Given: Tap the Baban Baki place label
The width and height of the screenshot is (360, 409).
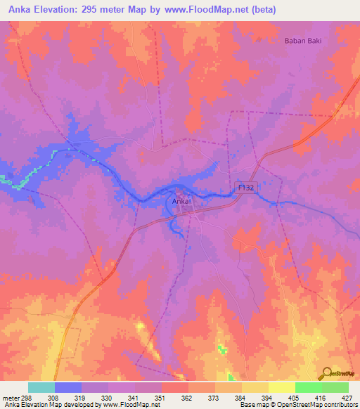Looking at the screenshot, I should (x=303, y=41).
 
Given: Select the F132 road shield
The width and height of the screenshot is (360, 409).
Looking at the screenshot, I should (x=245, y=188).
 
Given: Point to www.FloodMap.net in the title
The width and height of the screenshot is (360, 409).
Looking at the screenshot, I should (x=211, y=10).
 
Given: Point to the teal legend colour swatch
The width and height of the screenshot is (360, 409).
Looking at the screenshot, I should (x=41, y=387).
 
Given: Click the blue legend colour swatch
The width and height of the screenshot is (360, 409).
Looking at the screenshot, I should (x=67, y=387).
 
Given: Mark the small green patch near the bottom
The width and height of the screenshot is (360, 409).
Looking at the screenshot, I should (x=223, y=349).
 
